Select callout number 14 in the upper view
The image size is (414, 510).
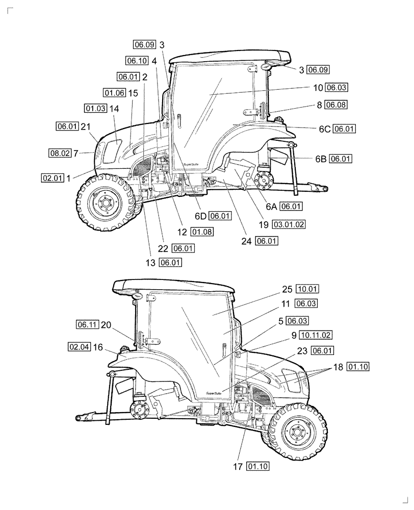pyautogui.click(x=114, y=109)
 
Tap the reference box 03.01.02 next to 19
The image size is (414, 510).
pyautogui.click(x=289, y=224)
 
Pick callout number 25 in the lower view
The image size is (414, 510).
pyautogui.click(x=288, y=289)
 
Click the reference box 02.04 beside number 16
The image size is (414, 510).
pyautogui.click(x=78, y=347)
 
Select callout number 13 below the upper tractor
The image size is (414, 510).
pyautogui.click(x=150, y=263)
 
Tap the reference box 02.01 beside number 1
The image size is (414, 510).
pyautogui.click(x=53, y=178)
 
